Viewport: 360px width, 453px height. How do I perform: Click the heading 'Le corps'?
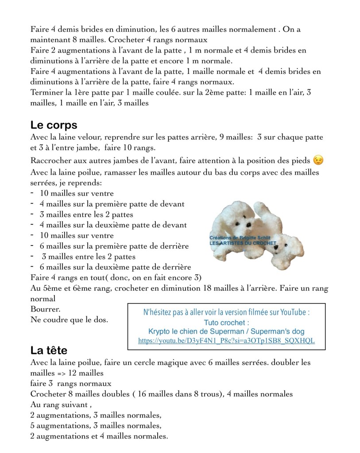pos(54,125)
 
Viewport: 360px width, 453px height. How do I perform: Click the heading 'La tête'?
pos(49,351)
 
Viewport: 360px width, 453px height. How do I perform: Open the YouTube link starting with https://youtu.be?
pos(226,341)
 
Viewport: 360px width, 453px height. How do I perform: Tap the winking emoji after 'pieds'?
pos(317,160)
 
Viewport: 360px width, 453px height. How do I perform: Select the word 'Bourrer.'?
pos(45,309)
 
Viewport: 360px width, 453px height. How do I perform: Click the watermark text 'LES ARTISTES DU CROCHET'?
pos(243,243)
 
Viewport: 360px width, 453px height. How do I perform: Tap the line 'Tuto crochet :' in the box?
pos(226,322)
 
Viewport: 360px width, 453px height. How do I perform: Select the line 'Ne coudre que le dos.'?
pos(70,319)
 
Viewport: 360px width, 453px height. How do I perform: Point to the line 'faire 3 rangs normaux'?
pos(71,384)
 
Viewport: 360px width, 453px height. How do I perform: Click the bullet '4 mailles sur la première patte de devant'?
pos(112,204)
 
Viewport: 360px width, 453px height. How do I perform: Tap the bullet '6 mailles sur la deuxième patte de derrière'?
pos(115,267)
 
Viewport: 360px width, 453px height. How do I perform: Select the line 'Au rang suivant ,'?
pos(61,404)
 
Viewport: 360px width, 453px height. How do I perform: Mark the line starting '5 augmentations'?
pos(96,426)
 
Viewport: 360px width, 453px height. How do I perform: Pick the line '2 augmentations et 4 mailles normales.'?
pos(99,437)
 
